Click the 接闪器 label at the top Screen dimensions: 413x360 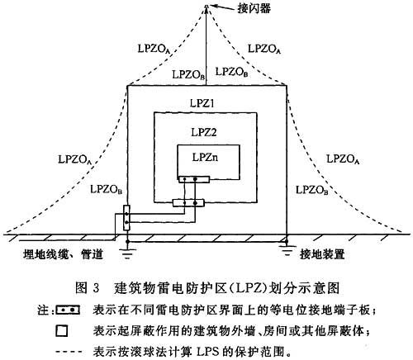point(254,8)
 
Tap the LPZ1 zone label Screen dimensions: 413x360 point(202,103)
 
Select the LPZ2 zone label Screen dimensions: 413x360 point(204,132)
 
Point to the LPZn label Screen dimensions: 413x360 point(206,158)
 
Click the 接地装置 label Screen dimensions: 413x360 point(322,254)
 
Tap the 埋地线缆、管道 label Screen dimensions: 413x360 point(63,254)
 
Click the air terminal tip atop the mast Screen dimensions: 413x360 point(206,6)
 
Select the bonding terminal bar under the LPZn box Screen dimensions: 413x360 point(194,179)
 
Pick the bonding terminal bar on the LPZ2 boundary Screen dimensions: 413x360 point(188,203)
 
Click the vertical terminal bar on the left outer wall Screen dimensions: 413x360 point(126,218)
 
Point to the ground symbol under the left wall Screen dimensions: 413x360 point(127,250)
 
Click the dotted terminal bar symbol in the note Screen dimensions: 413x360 point(68,310)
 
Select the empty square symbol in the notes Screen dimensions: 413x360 point(61,330)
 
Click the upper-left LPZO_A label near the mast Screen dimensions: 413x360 point(154,50)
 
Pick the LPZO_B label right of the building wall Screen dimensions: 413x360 point(311,190)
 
